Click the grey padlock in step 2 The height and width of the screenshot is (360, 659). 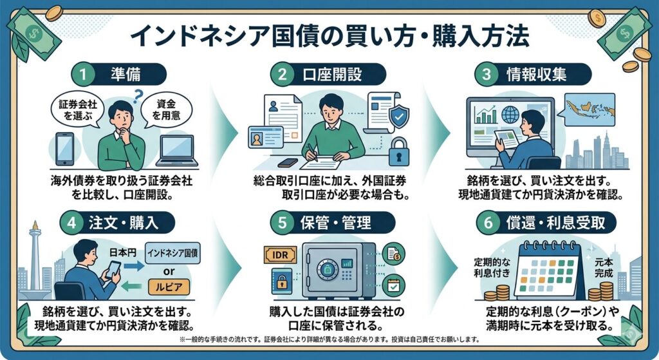click(x=400, y=150)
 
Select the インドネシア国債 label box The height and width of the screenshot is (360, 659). click(x=174, y=251)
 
